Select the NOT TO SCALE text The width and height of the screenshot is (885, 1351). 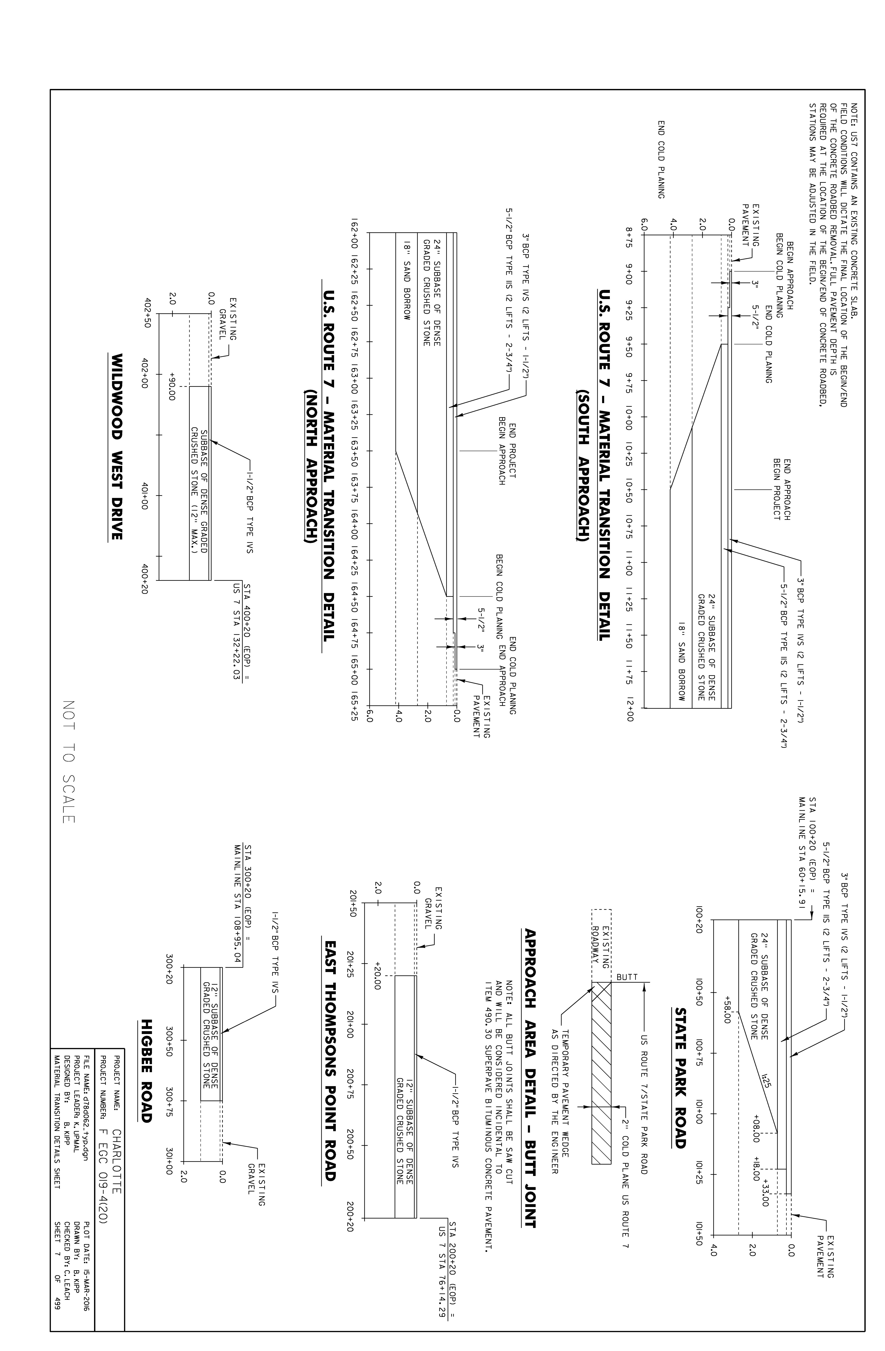69,761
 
